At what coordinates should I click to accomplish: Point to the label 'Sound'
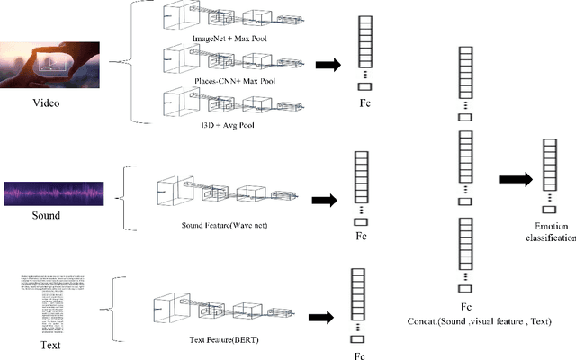pos(45,216)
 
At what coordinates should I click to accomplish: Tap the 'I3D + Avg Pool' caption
pos(229,125)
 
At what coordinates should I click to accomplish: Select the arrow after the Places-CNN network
pos(323,64)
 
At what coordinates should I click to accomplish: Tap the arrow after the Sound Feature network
pos(322,200)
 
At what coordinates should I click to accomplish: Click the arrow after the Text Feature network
pos(320,316)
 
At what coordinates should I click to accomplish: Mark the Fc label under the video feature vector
pos(364,103)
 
